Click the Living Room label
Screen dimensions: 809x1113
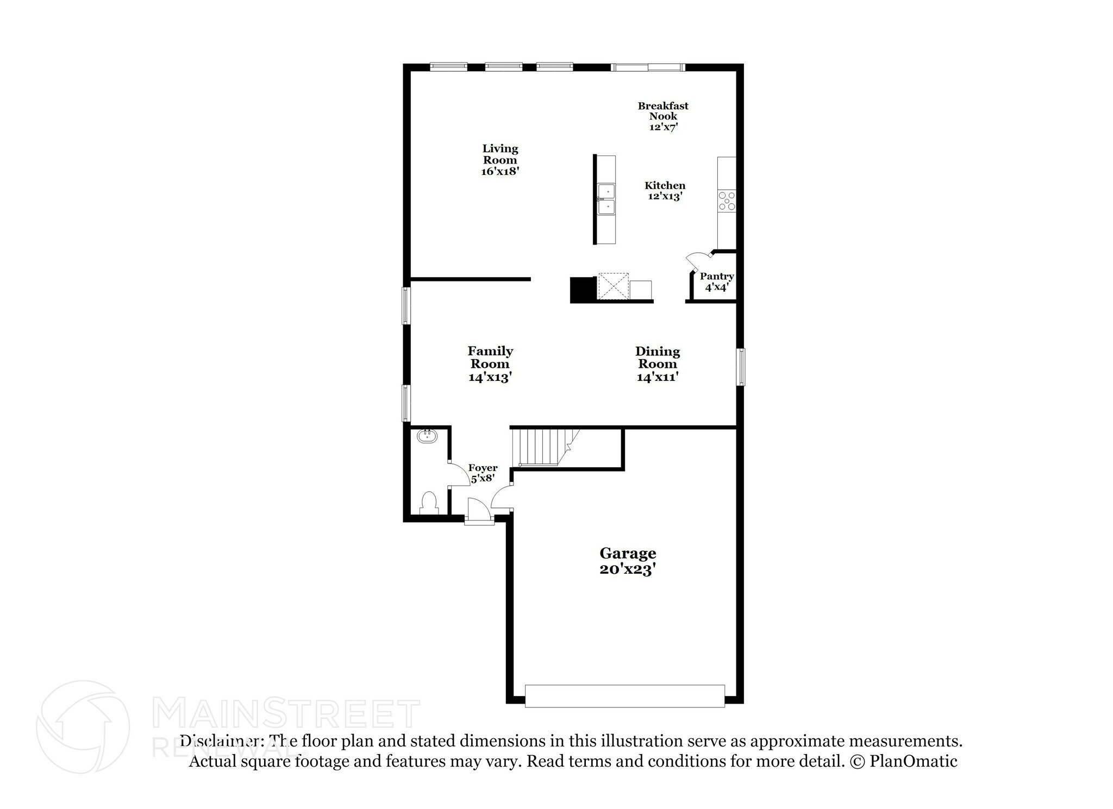(x=500, y=160)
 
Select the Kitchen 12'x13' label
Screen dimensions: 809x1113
(x=665, y=191)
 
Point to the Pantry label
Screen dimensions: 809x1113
(x=716, y=281)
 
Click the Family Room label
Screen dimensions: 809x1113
(x=490, y=364)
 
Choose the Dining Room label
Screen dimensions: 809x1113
(x=658, y=364)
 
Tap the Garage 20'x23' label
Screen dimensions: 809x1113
(x=628, y=561)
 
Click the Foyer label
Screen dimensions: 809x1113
(x=483, y=473)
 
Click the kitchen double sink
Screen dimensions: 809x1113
(x=606, y=200)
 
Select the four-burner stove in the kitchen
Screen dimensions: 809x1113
(x=727, y=201)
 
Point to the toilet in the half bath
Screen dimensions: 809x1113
(x=429, y=503)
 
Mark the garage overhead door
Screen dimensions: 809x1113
(x=624, y=696)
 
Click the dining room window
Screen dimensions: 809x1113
(x=741, y=367)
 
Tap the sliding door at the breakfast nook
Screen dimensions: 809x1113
(x=648, y=67)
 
